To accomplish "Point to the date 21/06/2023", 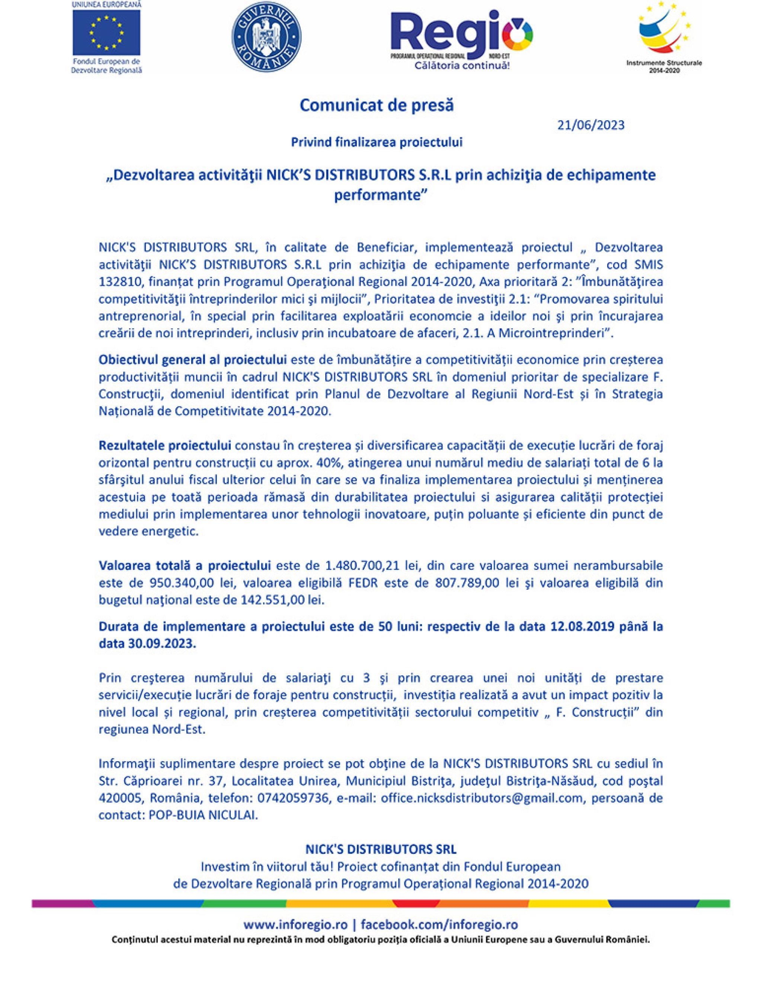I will tap(591, 125).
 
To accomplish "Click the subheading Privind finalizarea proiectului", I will tap(377, 143).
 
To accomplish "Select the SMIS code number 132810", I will tap(119, 282).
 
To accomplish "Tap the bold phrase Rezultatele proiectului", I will tap(165, 446).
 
